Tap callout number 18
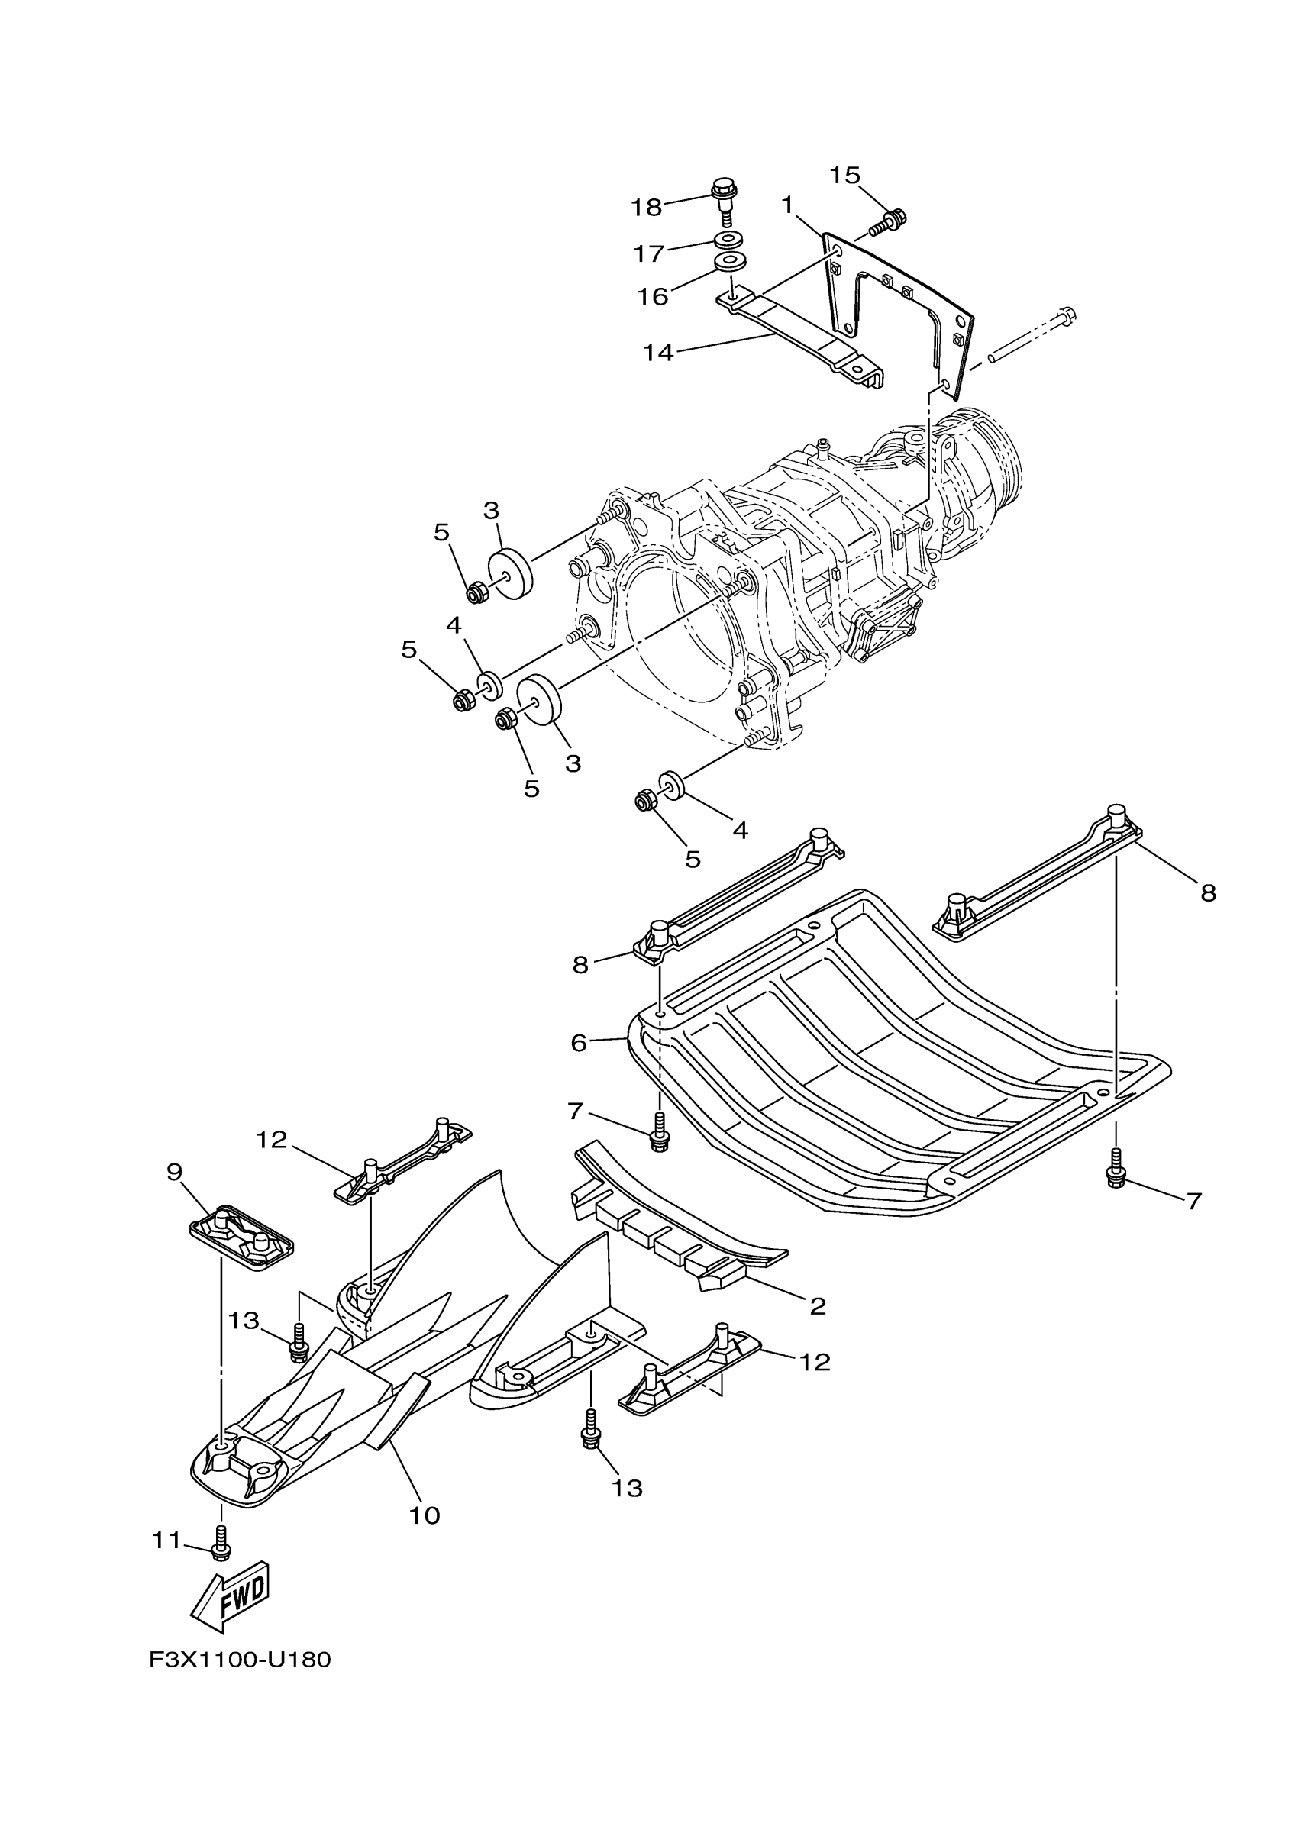(x=646, y=208)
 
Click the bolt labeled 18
(x=723, y=196)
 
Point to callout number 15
(x=844, y=175)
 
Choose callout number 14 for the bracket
(x=659, y=352)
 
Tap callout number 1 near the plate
(x=788, y=206)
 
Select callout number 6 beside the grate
(x=579, y=1043)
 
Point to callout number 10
(x=425, y=1515)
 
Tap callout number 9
(x=174, y=1173)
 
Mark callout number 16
(x=653, y=297)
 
